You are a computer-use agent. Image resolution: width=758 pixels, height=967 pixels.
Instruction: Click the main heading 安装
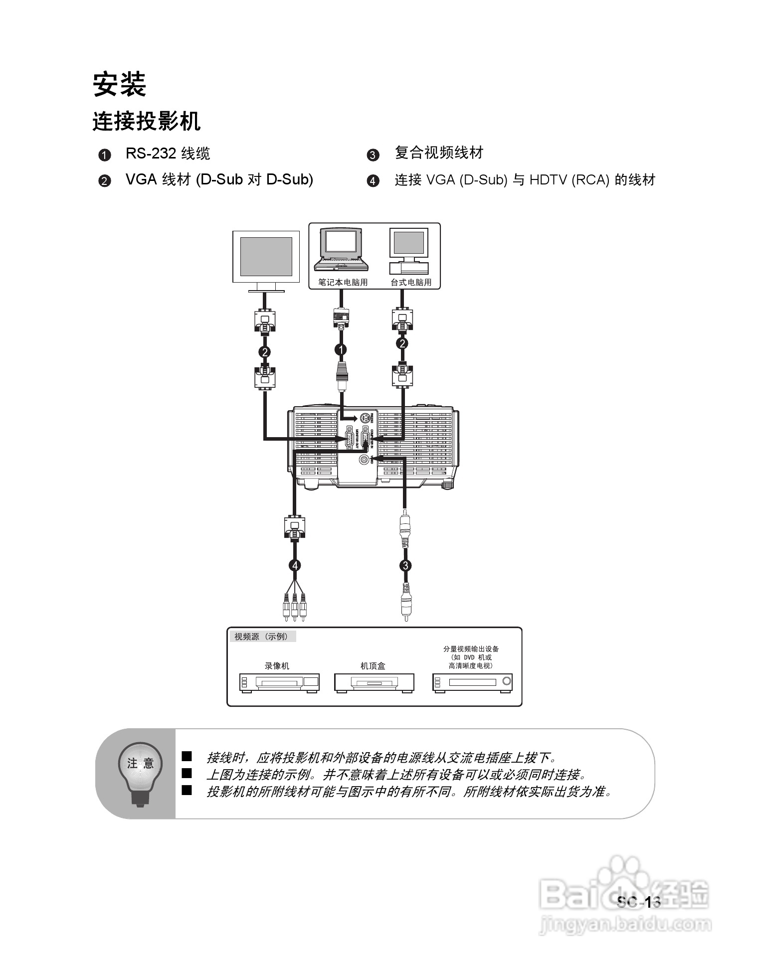click(x=120, y=84)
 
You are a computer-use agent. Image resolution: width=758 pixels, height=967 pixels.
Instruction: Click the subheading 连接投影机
click(x=146, y=121)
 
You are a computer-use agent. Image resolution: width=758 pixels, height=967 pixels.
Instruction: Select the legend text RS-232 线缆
click(x=168, y=153)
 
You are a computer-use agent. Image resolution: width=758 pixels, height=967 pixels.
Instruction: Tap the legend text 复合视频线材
click(x=439, y=153)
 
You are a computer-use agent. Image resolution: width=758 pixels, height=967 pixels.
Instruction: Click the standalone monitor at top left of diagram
click(x=266, y=259)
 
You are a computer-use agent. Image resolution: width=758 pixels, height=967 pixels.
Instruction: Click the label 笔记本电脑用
click(x=343, y=282)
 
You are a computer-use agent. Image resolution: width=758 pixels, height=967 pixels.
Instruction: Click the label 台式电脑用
click(x=411, y=282)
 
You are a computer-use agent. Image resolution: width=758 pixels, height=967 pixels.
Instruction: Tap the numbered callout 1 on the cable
click(x=341, y=350)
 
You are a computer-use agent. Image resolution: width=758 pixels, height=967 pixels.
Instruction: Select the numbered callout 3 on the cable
click(x=405, y=565)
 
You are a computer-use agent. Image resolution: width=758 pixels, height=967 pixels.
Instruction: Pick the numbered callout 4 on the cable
click(x=295, y=565)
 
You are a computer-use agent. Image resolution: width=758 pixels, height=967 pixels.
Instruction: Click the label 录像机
click(x=276, y=666)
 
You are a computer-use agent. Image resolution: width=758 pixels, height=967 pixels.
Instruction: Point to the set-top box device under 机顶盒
click(x=374, y=682)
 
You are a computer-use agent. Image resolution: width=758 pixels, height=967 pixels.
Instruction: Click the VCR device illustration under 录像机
click(x=279, y=682)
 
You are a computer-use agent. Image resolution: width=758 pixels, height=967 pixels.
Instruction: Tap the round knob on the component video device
click(x=507, y=681)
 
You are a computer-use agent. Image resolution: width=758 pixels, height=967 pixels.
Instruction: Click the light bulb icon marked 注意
click(x=140, y=771)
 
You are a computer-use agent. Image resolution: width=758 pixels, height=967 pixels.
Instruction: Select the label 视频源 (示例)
click(x=261, y=637)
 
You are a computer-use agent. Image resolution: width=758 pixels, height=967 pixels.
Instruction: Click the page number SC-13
click(x=639, y=902)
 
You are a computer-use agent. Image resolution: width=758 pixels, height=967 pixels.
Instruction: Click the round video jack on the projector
click(x=365, y=459)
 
